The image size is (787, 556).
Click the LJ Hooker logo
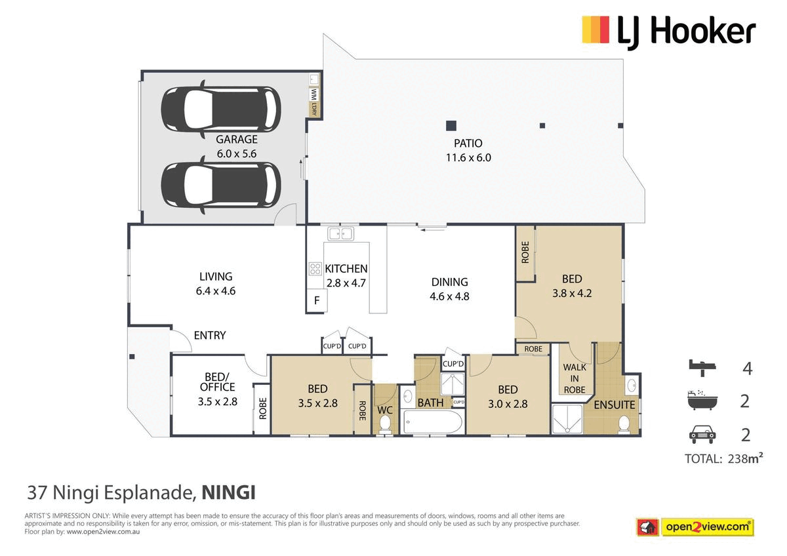click(669, 33)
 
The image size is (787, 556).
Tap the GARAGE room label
click(237, 140)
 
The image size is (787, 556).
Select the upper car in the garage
click(221, 109)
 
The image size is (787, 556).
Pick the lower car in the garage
click(221, 185)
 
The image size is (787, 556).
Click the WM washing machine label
click(313, 94)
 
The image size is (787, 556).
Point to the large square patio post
click(451, 125)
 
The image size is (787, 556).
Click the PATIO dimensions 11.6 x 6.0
click(468, 158)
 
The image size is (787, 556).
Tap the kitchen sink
click(340, 234)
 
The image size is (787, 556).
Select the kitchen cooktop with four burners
click(315, 269)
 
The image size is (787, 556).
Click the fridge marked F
click(317, 300)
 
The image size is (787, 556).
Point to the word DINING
click(449, 282)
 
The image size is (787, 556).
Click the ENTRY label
click(210, 336)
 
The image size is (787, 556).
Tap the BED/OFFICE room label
click(218, 382)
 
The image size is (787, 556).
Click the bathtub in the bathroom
click(432, 422)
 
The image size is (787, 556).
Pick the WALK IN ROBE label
click(575, 378)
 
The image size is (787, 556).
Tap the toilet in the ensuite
click(624, 424)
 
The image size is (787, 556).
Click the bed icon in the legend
click(702, 368)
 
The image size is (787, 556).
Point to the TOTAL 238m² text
click(724, 458)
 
